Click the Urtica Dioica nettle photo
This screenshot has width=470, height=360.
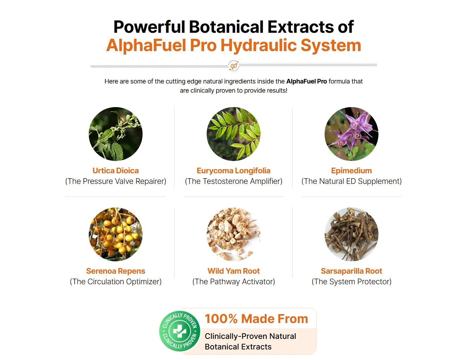point(116,134)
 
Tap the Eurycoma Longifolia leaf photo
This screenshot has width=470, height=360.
point(234,134)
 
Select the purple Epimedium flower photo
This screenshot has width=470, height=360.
point(351,134)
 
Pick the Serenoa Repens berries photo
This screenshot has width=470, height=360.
point(116,234)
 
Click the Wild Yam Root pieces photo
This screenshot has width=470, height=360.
point(234,234)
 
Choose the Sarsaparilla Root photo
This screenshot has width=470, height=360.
point(351,234)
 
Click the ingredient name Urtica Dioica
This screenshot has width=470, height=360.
point(115,170)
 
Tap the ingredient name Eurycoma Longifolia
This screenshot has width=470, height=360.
point(234,171)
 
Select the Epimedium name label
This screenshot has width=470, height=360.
point(351,171)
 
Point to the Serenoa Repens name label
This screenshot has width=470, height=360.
point(115,271)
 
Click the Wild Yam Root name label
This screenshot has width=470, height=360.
point(234,271)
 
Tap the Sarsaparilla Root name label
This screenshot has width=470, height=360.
point(351,271)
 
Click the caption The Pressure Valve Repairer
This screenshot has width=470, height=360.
point(116,181)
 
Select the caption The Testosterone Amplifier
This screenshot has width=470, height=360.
point(234,181)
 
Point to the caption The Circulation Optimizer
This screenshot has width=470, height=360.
point(116,282)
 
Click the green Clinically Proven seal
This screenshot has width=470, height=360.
point(180,331)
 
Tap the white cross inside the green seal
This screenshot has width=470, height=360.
point(180,331)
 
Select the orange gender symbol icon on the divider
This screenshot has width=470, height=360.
point(234,66)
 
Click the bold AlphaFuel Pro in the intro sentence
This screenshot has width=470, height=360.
point(307,81)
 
